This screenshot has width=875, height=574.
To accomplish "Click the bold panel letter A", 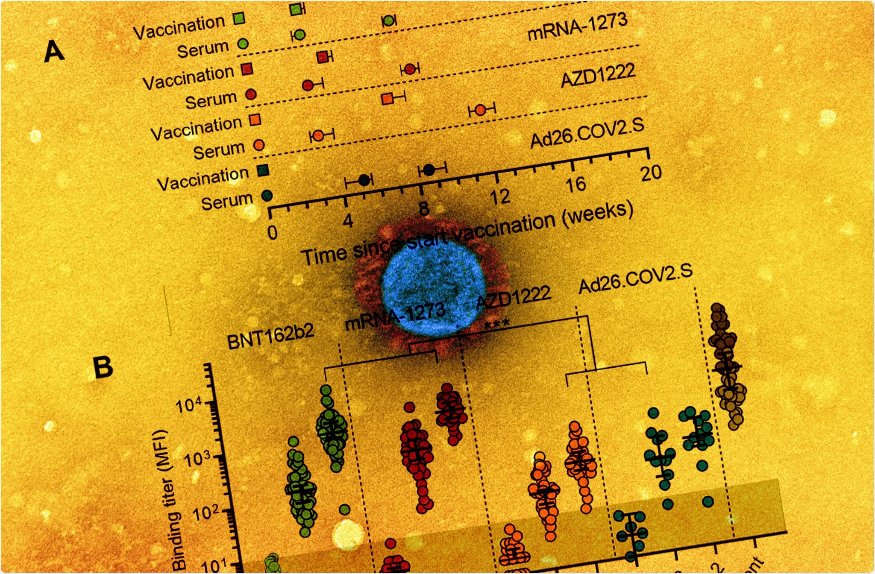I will [54, 52].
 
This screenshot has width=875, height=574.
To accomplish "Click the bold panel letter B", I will [103, 368].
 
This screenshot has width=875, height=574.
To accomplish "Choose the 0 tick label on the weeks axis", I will [273, 233].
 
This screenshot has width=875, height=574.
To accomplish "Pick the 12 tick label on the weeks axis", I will [500, 197].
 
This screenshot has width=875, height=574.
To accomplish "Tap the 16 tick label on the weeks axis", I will [576, 185].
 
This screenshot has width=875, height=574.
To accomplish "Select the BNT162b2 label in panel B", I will [270, 337].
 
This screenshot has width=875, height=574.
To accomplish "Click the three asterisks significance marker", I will [496, 325].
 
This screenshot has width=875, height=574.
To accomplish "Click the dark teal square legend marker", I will [263, 170].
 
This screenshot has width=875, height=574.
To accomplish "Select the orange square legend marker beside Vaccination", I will [255, 120].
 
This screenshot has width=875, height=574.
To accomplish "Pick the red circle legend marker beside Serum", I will [251, 94].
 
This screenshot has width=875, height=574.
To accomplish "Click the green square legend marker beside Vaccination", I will [240, 19].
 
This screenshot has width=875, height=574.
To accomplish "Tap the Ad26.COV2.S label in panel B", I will [635, 279].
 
